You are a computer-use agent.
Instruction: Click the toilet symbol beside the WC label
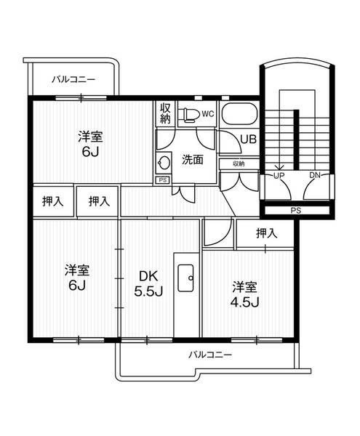[x=190, y=113]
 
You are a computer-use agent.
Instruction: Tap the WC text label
[x=207, y=113]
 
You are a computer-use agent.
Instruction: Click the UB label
[x=247, y=140]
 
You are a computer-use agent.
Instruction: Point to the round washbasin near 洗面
[x=164, y=161]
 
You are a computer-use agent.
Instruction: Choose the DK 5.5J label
[x=148, y=283]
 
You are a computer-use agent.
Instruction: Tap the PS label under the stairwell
[x=295, y=211]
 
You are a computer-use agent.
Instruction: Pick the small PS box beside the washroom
[x=162, y=179]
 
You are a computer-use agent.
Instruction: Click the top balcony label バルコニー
[x=71, y=78]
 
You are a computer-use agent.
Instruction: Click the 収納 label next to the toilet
[x=165, y=113]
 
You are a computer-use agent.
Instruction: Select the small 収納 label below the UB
[x=239, y=164]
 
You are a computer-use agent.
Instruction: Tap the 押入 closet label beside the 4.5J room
[x=266, y=233]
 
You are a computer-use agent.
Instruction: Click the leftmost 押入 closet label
[x=53, y=201]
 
